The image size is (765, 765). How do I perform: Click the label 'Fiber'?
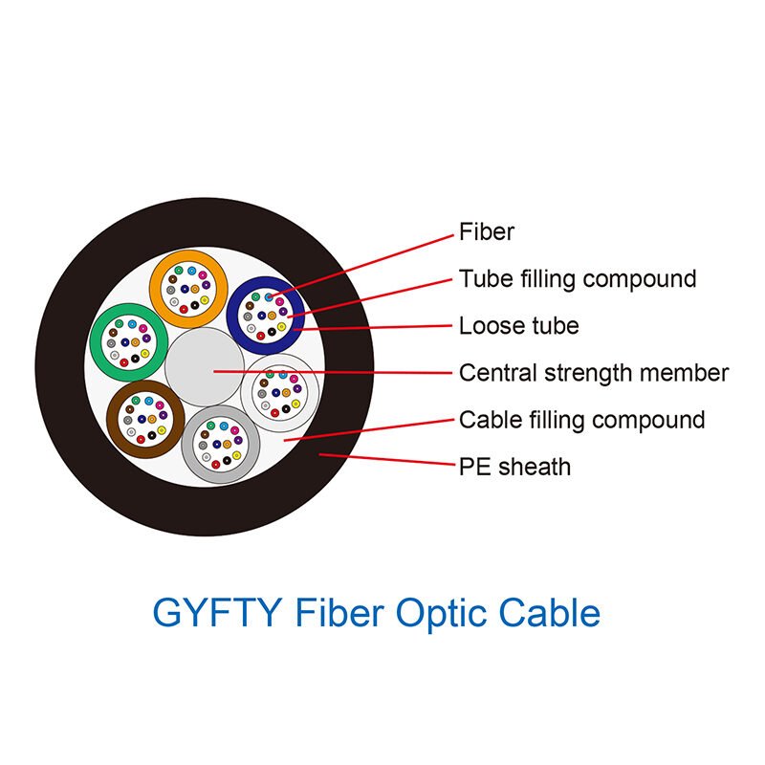click(x=487, y=232)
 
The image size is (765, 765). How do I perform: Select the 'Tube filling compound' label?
click(x=578, y=279)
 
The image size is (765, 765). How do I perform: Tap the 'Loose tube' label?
click(x=518, y=326)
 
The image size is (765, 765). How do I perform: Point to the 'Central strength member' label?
click(x=594, y=372)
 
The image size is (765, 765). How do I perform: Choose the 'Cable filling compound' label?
click(x=581, y=420)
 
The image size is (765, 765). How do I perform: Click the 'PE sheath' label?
click(x=514, y=467)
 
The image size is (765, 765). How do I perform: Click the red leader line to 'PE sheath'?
click(x=392, y=461)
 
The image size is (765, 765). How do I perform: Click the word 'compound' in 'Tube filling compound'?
click(x=640, y=279)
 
